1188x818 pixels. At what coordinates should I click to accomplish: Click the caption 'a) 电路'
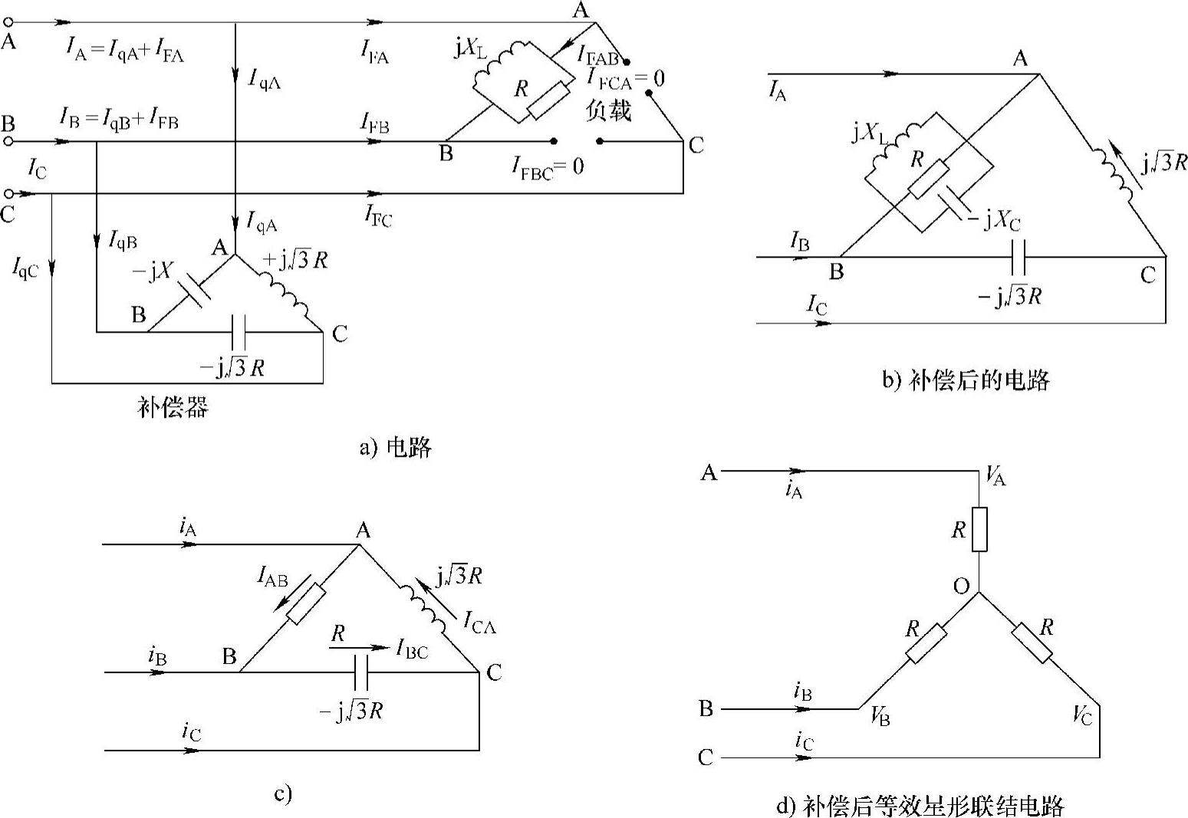(395, 447)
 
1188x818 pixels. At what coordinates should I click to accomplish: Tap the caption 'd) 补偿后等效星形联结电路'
(920, 806)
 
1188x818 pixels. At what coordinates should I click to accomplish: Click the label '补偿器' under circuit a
(173, 407)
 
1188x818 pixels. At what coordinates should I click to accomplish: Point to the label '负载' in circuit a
(608, 111)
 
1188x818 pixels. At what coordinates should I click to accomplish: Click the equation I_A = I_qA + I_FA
(126, 51)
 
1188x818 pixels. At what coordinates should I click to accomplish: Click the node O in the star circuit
(961, 586)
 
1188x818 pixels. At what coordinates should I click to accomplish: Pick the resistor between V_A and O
(979, 529)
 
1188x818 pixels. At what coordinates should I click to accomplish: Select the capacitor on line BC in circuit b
(1019, 257)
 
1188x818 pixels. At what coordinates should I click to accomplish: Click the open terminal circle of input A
(8, 23)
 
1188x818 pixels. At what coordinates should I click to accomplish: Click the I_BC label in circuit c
(412, 650)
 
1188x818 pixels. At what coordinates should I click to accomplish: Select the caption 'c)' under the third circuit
(283, 794)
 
